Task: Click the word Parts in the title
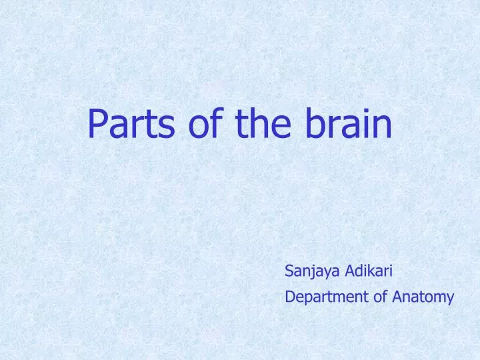point(131,123)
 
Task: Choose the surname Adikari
point(369,270)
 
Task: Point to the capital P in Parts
point(97,124)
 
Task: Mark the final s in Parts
point(167,127)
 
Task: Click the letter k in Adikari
point(374,270)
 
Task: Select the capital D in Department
point(291,297)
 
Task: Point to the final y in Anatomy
point(450,299)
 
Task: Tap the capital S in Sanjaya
point(289,271)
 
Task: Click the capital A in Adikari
point(351,271)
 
